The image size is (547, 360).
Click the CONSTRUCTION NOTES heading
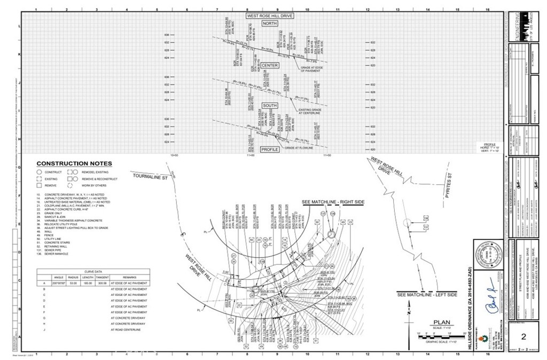coord(74,163)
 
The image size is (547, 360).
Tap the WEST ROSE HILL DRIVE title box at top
coord(270,16)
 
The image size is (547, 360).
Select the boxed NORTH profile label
coord(270,24)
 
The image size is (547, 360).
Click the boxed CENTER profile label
coord(270,65)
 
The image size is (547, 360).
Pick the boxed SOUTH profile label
coord(270,106)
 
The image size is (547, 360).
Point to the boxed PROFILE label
coord(270,150)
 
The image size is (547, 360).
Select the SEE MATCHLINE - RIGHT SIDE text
coord(333,202)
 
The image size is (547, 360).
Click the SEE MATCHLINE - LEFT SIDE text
coord(427,294)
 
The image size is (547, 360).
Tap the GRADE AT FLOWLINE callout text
coord(296,147)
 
